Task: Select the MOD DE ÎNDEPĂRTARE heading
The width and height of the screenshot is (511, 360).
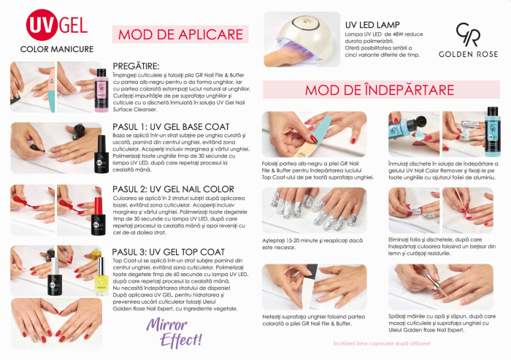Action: [x=379, y=90]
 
